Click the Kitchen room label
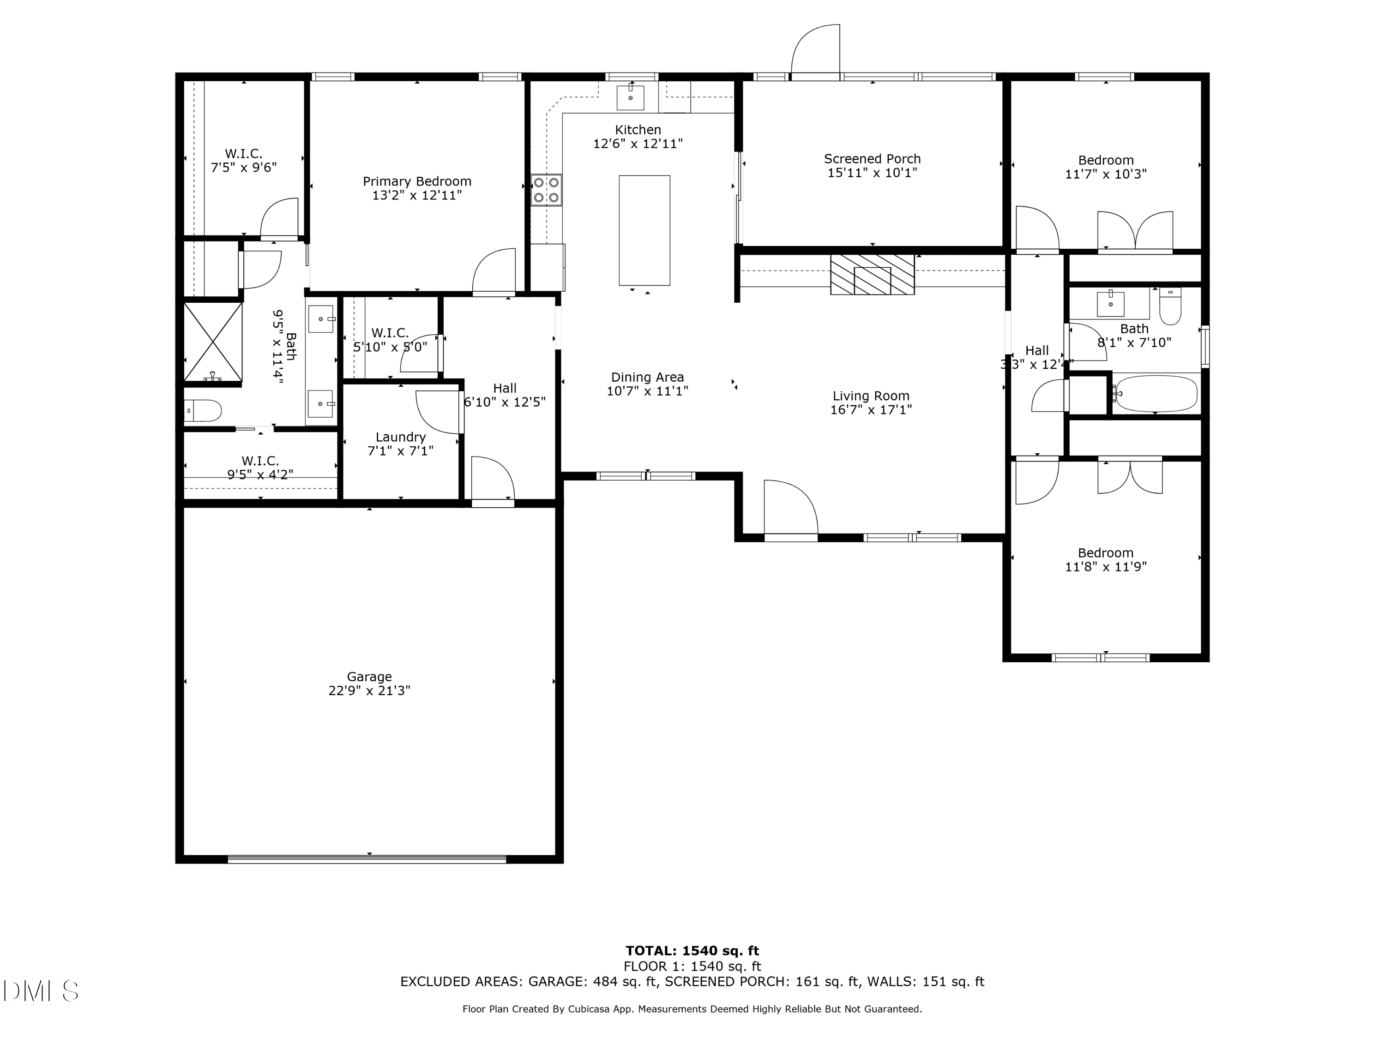click(x=638, y=130)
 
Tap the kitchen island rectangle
click(x=644, y=230)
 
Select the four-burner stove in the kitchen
click(x=546, y=190)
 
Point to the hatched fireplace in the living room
click(x=872, y=274)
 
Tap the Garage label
click(x=369, y=677)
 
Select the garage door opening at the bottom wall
click(x=367, y=859)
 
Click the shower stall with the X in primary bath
click(x=213, y=342)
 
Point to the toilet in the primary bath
click(x=204, y=411)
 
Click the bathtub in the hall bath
click(x=1156, y=394)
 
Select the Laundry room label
click(x=400, y=437)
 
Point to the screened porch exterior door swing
click(x=815, y=50)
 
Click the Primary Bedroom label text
click(x=417, y=181)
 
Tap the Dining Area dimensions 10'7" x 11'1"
click(x=647, y=391)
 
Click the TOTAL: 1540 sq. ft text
click(x=692, y=951)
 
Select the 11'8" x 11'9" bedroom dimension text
click(x=1105, y=567)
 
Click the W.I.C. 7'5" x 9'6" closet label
click(x=244, y=160)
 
